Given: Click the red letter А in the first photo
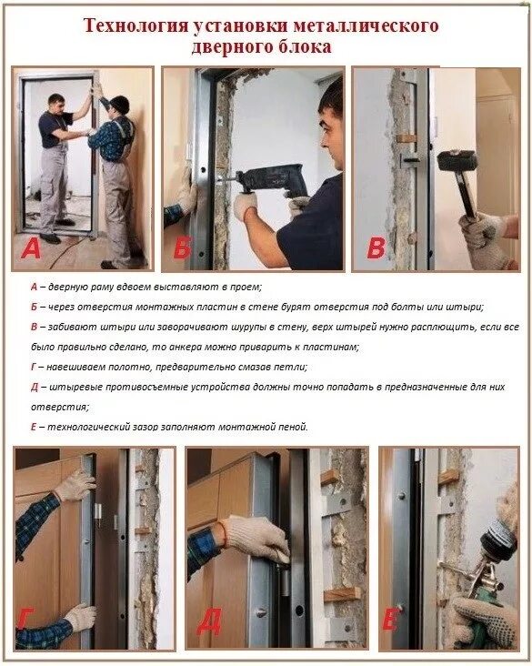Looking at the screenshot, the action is coord(31,249).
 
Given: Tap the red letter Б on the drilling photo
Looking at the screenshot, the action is coord(183,248).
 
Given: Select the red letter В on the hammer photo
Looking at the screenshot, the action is coord(376,249).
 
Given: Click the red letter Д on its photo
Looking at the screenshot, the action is coord(209,622).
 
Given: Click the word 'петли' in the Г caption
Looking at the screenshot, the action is coord(293,367).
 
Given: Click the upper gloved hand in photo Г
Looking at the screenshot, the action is coord(75,486).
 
